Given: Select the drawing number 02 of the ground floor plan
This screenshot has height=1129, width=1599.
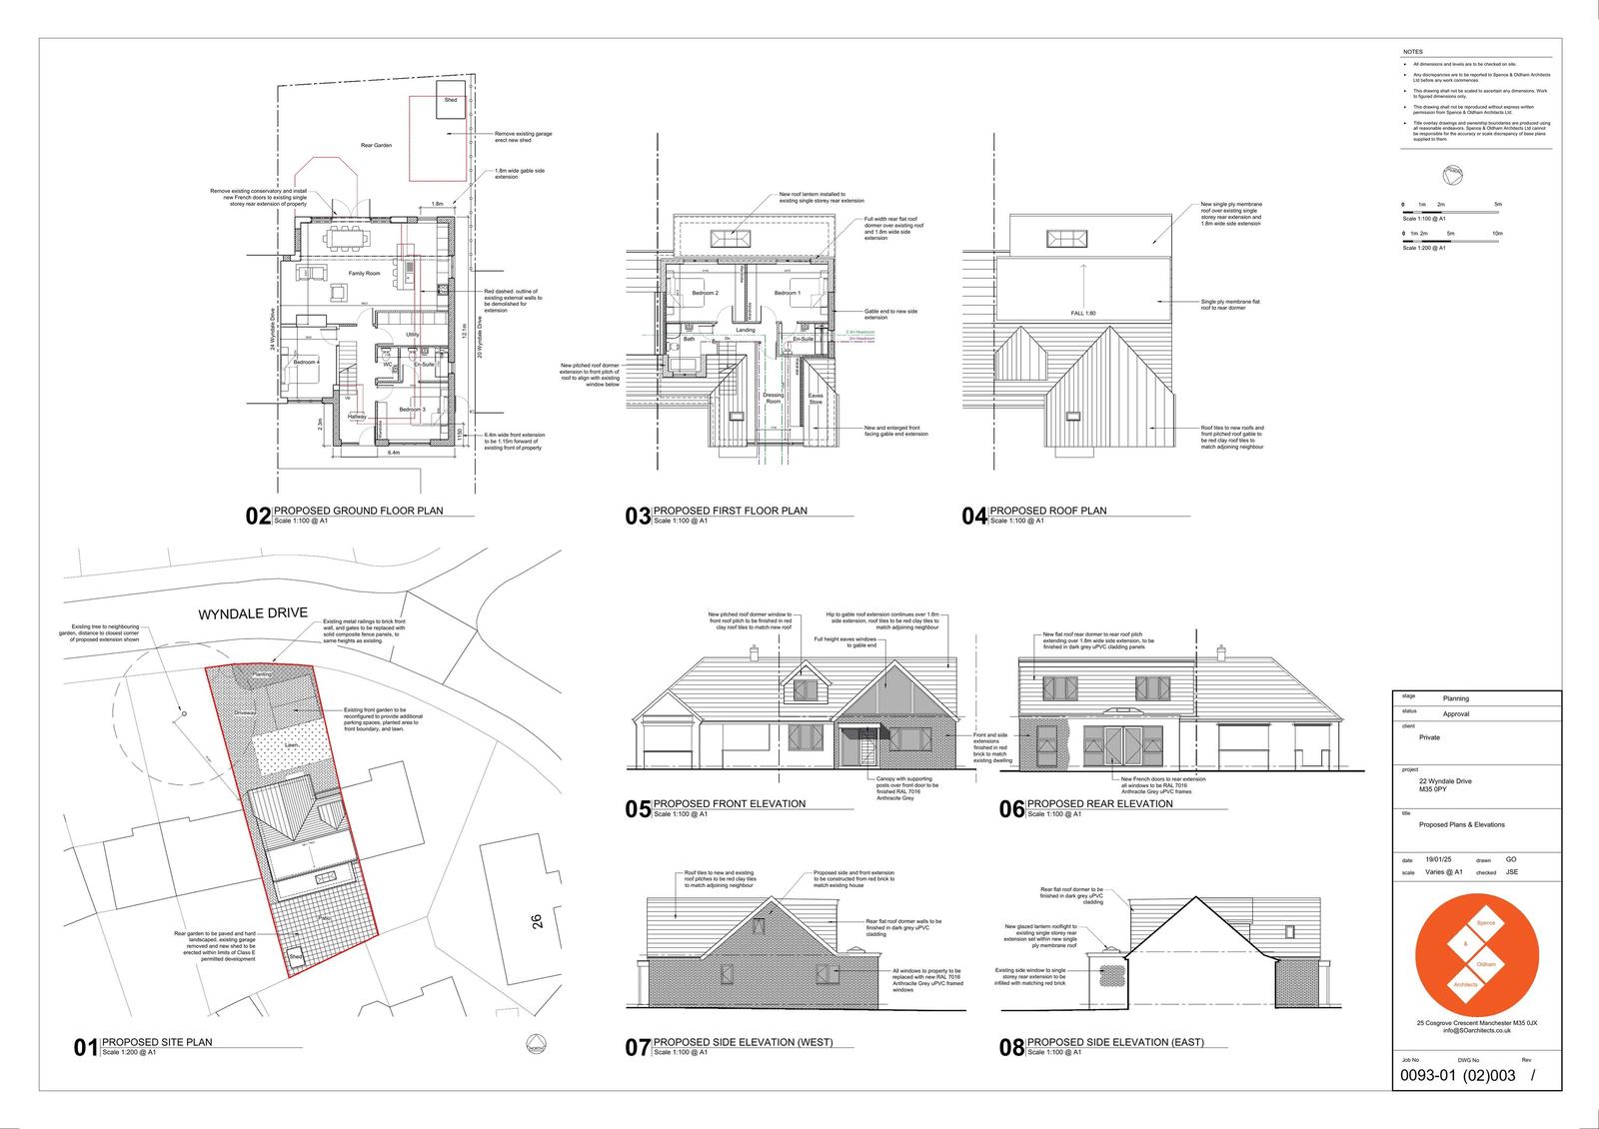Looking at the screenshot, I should click(x=258, y=516).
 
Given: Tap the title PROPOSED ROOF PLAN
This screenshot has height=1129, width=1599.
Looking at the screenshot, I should click(x=1047, y=511).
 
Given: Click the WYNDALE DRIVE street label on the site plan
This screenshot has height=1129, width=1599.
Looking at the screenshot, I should click(x=253, y=613).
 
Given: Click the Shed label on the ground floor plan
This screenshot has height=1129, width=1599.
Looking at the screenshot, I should click(x=451, y=100).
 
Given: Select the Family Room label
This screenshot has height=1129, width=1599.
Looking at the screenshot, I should click(x=364, y=273).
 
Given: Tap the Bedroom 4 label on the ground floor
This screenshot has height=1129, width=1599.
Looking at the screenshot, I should click(x=306, y=362).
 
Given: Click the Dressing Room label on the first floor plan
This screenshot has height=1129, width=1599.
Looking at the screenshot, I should click(x=773, y=398).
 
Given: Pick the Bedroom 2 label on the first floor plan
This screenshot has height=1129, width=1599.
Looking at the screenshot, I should click(x=705, y=293).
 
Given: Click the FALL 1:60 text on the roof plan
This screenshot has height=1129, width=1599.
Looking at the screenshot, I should click(x=1083, y=314).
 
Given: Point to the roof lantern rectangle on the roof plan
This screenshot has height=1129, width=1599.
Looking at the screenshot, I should click(x=1065, y=239).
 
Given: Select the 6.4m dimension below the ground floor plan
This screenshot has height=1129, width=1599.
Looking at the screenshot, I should click(x=394, y=453).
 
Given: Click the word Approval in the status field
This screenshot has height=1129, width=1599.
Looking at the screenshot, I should click(x=1455, y=714).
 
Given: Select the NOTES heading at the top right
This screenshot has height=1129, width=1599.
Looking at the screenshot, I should click(x=1413, y=52).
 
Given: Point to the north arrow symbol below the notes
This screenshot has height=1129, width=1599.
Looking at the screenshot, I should click(x=1451, y=177).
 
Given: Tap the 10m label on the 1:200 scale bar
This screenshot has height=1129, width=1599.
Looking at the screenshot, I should click(x=1496, y=233).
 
